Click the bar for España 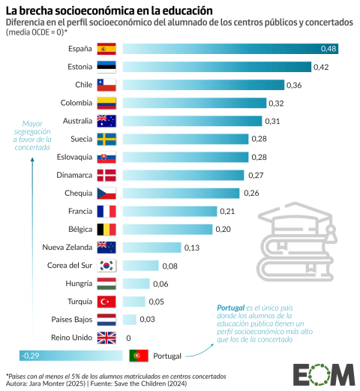229,49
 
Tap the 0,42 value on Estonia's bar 321,67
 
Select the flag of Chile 106,85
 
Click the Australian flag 106,121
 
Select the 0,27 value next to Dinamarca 256,175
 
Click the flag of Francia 106,211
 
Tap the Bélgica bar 166,229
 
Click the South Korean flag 106,265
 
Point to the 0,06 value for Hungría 160,283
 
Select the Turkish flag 106,301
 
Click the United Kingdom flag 106,337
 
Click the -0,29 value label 31,355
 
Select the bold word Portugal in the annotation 230,308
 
